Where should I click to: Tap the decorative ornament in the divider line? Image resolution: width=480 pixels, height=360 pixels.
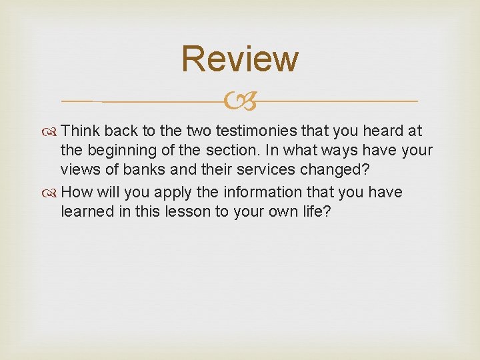(x=240, y=102)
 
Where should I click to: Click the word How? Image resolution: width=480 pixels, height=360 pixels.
(x=76, y=192)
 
